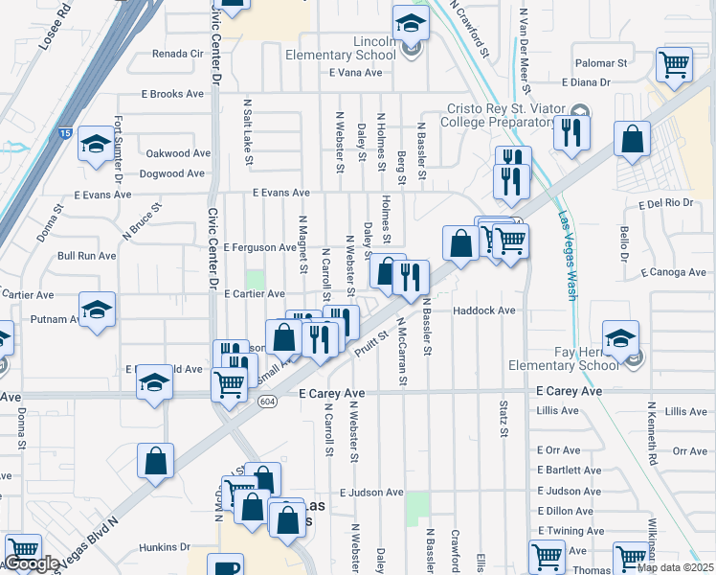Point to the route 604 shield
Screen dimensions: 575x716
[x=267, y=402]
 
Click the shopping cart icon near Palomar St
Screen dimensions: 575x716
[x=675, y=65]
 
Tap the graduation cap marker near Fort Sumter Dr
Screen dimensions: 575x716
[x=96, y=144]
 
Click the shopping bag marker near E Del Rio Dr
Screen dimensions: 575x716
[x=633, y=140]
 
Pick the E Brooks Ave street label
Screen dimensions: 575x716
[x=173, y=94]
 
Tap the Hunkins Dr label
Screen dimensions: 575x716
[x=165, y=547]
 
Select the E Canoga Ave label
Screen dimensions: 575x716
[x=676, y=271]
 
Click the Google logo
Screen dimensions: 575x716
[x=32, y=563]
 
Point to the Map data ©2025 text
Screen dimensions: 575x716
[x=674, y=567]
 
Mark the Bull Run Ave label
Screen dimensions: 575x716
[x=87, y=256]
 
